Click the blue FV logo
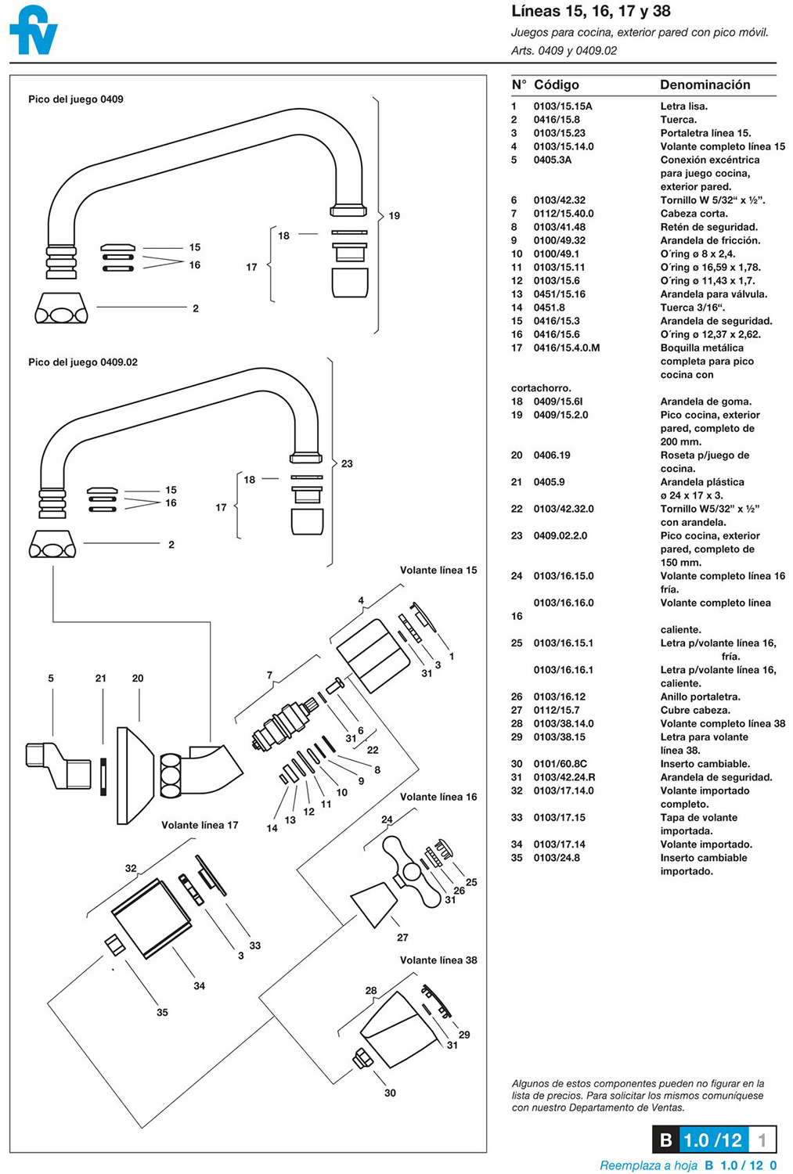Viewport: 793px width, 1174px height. [34, 31]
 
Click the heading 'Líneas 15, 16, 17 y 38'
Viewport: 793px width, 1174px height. [590, 12]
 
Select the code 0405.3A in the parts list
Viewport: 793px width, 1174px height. [553, 160]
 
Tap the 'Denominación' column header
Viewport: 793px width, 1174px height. [705, 85]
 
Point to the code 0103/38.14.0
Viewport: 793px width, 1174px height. [564, 723]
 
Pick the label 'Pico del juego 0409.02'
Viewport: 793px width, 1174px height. [83, 362]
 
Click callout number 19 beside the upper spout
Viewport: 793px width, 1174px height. [394, 215]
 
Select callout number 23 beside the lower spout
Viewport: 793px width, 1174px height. [347, 463]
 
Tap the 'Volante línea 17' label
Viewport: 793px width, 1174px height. [200, 825]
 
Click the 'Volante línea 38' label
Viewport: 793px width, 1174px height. [438, 960]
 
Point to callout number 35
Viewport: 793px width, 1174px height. [162, 1012]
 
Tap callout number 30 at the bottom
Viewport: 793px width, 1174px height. [390, 1093]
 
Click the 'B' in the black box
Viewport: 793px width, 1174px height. [665, 1140]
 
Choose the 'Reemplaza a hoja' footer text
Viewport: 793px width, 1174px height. [648, 1165]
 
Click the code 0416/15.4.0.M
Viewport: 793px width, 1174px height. [567, 348]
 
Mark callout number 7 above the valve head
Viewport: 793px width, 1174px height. [269, 675]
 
